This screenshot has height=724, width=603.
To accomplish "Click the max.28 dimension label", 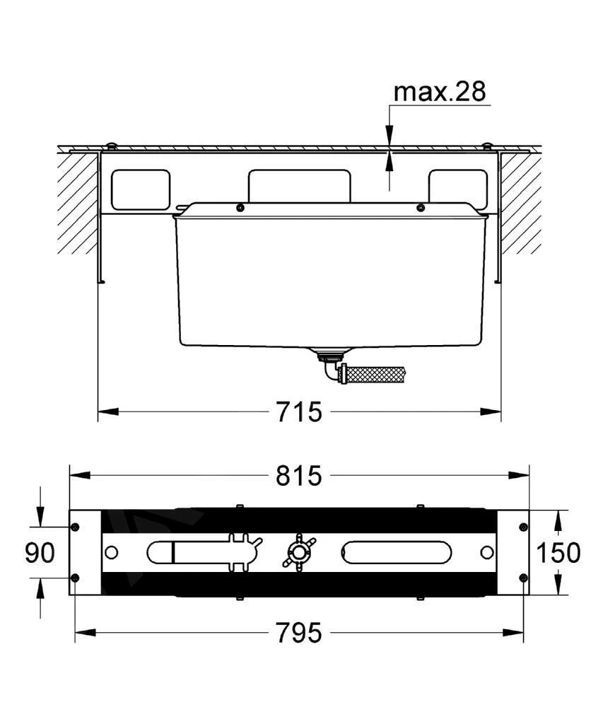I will coord(439,91).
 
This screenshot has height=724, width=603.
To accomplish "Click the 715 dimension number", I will coord(298,411).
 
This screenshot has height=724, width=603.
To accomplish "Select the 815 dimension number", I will coord(298,476).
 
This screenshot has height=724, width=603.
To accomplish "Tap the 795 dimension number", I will coord(298,632).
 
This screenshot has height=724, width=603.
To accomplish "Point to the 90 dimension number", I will coord(40,553).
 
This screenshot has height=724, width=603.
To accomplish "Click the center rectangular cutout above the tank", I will coord(300,185).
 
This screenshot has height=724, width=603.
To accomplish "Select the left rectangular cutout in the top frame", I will coord(141,189).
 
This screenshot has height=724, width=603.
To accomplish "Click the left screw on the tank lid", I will coord(240,207).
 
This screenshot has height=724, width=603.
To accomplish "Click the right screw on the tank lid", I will coord(421,207).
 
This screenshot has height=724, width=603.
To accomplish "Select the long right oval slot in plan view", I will coord(394,552).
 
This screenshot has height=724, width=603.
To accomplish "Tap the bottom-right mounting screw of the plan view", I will coord(523,578).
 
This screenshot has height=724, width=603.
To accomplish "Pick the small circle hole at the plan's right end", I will coord(487,552).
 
